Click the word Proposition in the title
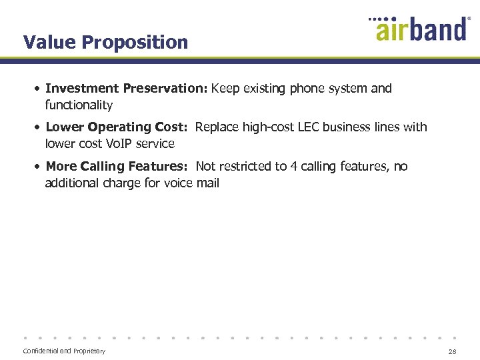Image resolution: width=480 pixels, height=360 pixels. pyautogui.click(x=135, y=43)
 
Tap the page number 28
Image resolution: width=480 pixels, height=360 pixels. pyautogui.click(x=453, y=351)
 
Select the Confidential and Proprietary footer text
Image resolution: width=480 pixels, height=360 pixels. pyautogui.click(x=64, y=351)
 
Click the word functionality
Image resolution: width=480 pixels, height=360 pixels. pyautogui.click(x=79, y=105)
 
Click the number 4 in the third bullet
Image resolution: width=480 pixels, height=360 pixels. pyautogui.click(x=294, y=167)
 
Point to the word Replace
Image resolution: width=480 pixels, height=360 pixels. pyautogui.click(x=217, y=127)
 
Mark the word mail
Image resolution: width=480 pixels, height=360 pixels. pyautogui.click(x=207, y=183)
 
